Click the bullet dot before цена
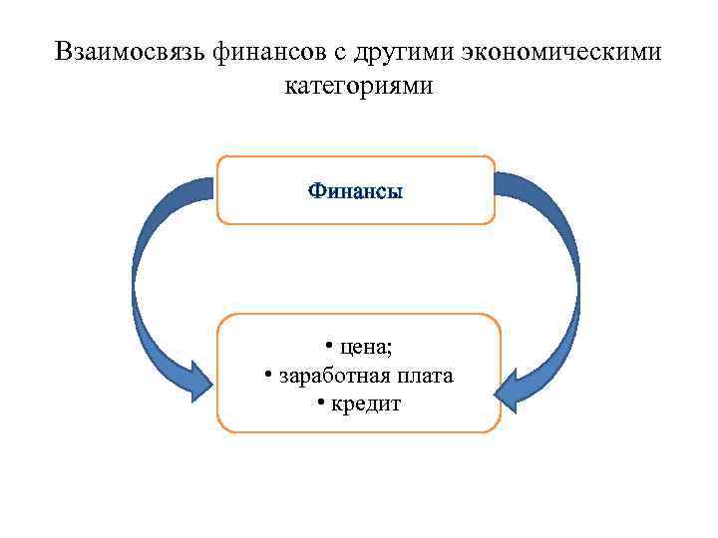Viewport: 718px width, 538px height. click(328, 347)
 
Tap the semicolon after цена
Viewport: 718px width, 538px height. click(390, 348)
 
